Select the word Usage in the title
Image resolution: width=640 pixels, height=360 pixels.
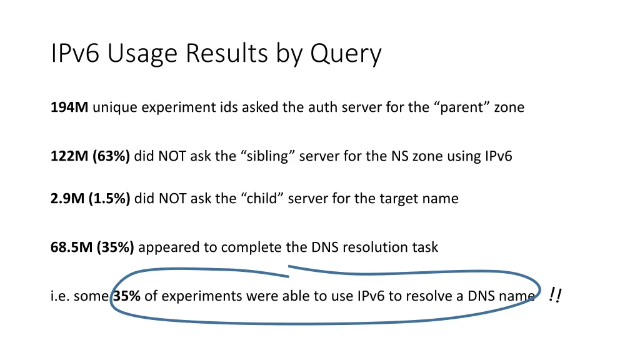point(142,54)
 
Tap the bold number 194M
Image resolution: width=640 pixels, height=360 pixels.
point(69,107)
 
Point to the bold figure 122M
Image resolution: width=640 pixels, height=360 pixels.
point(69,156)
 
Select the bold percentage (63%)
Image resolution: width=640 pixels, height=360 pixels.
point(111,156)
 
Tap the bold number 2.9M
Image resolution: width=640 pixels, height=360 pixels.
point(67,199)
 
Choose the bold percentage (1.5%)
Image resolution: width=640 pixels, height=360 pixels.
point(109,199)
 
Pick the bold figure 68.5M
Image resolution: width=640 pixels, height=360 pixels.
point(72,247)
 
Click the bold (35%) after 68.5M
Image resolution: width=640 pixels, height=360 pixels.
point(116,247)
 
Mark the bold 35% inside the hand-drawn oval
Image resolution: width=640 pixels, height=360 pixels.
point(127,296)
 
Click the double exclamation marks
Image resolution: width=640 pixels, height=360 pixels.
point(554,294)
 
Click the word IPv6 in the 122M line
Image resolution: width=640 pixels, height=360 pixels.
point(498,156)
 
